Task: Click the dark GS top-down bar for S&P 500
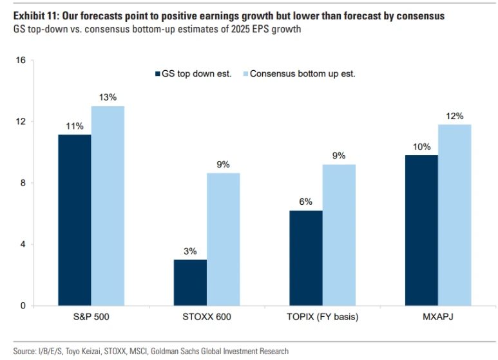point(74,220)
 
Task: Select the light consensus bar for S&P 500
point(108,205)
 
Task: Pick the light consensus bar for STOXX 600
point(224,239)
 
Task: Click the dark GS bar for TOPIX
point(305,258)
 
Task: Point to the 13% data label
point(108,97)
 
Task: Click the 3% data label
point(190,251)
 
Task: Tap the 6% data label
point(305,202)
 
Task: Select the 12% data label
point(455,116)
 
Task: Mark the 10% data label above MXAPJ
point(421,146)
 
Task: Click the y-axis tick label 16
point(20,61)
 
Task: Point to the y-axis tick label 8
point(23,183)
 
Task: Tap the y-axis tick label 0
point(23,305)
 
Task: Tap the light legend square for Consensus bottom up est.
point(244,73)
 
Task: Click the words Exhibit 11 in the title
point(28,16)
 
